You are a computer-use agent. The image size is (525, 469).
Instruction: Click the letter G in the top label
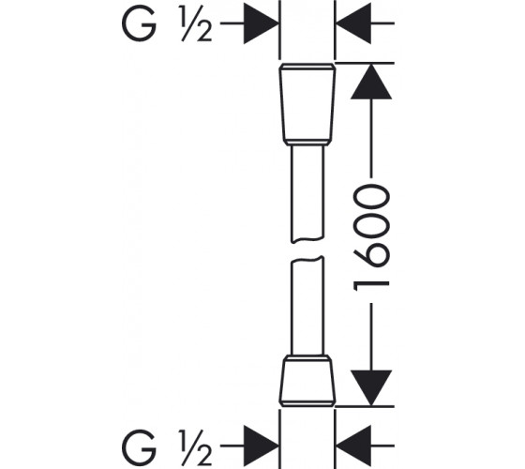point(139,23)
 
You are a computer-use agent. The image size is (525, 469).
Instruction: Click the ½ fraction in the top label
point(196,24)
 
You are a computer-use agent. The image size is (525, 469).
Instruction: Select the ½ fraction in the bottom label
point(196,446)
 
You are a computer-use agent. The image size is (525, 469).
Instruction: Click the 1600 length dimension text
point(371,239)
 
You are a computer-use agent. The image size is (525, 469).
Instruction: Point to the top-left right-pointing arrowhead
point(262,23)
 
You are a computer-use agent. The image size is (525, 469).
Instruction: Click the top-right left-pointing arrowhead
point(352,23)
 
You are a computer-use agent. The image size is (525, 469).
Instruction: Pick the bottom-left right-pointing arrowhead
point(262,446)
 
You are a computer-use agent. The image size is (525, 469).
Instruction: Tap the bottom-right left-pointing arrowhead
point(352,446)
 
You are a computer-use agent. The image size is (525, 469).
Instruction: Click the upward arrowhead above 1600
point(371,82)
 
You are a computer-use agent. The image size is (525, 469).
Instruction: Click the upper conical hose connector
point(307,104)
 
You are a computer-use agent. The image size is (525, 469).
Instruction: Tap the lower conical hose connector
point(307,381)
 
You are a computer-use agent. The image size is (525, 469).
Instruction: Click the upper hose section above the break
point(307,193)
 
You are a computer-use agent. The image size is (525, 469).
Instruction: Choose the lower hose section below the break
point(307,306)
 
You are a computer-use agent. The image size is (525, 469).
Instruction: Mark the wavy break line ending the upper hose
point(307,240)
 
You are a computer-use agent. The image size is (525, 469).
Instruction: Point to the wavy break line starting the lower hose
point(307,259)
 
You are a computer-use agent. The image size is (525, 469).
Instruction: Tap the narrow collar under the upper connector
point(307,143)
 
